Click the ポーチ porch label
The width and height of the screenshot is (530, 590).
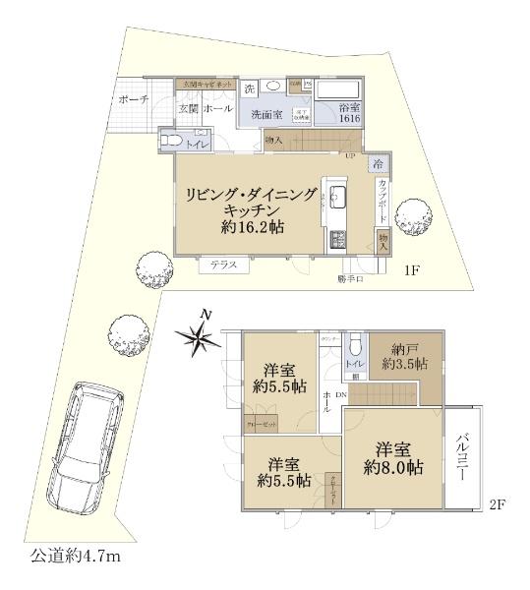click(x=133, y=99)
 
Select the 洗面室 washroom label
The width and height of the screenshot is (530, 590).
click(x=268, y=114)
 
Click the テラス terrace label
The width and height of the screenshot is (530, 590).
click(x=224, y=265)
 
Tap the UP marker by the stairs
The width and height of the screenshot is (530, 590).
click(x=349, y=155)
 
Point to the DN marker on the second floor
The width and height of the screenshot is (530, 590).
click(x=340, y=394)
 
